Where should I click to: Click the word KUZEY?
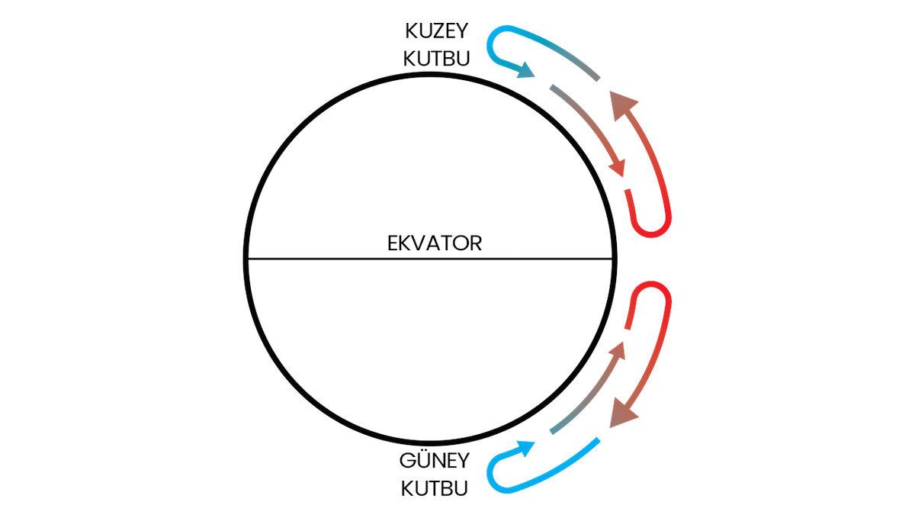437,33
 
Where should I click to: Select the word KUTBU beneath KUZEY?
437,58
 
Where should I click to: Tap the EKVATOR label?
435,243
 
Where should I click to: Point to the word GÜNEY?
435,462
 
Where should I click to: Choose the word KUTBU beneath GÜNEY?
434,488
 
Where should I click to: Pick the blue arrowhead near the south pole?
524,447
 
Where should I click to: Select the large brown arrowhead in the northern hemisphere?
624,102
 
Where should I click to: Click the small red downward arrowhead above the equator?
619,168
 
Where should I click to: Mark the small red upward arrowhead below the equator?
619,350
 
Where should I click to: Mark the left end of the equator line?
247,259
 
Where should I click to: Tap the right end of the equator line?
615,259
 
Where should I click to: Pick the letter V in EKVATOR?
416,243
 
